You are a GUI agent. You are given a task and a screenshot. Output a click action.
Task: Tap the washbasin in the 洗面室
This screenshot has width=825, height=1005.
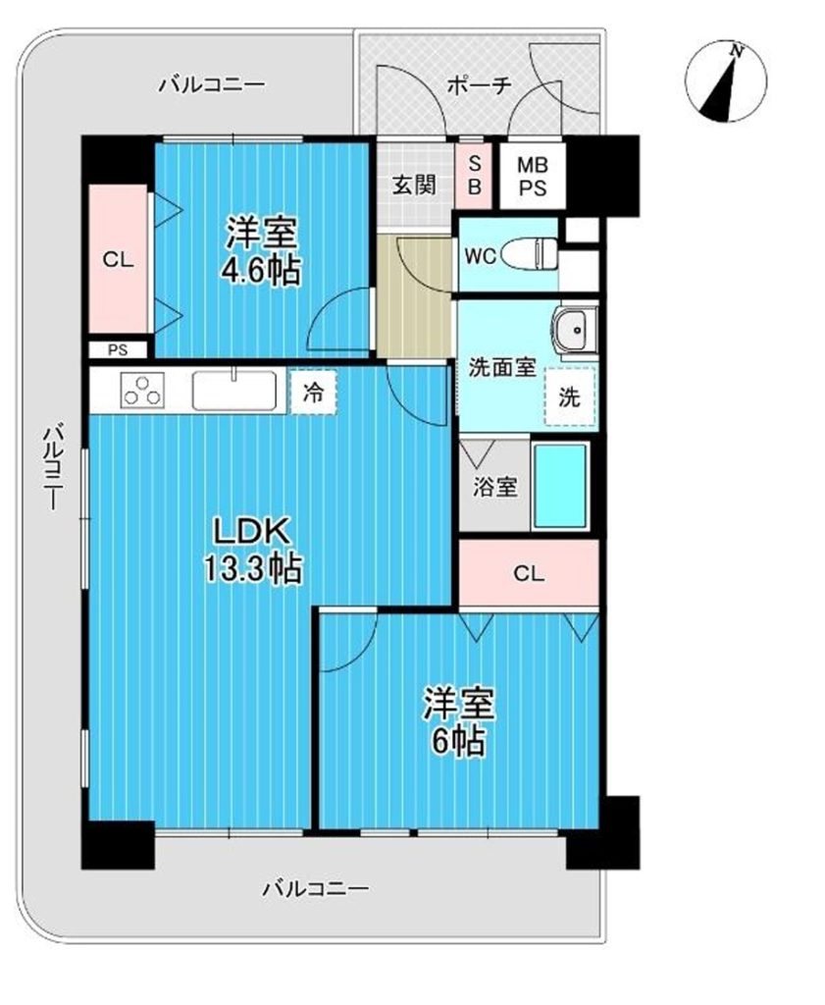pos(575,331)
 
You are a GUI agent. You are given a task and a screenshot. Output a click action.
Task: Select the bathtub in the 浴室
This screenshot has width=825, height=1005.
pos(560,485)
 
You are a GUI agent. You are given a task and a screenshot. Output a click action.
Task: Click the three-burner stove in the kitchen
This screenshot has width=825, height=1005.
pos(142,390)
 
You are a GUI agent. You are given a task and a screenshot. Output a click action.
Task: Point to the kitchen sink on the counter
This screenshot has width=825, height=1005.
pos(235,390)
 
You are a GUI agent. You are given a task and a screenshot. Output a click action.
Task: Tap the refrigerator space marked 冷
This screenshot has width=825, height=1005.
pos(313,393)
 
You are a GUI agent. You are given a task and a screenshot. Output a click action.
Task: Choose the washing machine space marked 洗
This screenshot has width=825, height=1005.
pos(570,397)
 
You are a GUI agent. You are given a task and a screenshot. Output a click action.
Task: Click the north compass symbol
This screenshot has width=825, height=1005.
pos(726,81)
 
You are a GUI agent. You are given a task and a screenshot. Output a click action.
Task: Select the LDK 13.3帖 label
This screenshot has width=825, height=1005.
pos(252,550)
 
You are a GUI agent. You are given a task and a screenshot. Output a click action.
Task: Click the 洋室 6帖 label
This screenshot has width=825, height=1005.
pos(458,721)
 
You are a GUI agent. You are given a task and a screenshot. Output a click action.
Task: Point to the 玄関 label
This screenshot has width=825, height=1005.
pos(414,185)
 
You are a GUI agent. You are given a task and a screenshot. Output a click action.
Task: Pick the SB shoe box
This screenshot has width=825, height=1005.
pos(474,175)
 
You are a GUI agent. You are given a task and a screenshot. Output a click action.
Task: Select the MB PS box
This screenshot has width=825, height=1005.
pos(533,177)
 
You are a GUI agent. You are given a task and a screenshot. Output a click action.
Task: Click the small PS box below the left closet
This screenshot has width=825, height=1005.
pos(118,350)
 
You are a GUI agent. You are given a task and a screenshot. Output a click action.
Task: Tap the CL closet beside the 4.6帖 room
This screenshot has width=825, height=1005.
pos(119,259)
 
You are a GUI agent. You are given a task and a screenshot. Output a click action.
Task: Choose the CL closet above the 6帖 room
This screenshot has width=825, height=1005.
pos(529,573)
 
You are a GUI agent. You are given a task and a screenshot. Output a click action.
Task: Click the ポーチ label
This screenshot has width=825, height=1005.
pos(479,85)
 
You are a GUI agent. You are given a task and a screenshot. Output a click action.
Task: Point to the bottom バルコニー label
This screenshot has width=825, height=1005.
pos(316,889)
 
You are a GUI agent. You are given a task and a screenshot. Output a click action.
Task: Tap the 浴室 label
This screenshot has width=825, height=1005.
pos(495,487)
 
